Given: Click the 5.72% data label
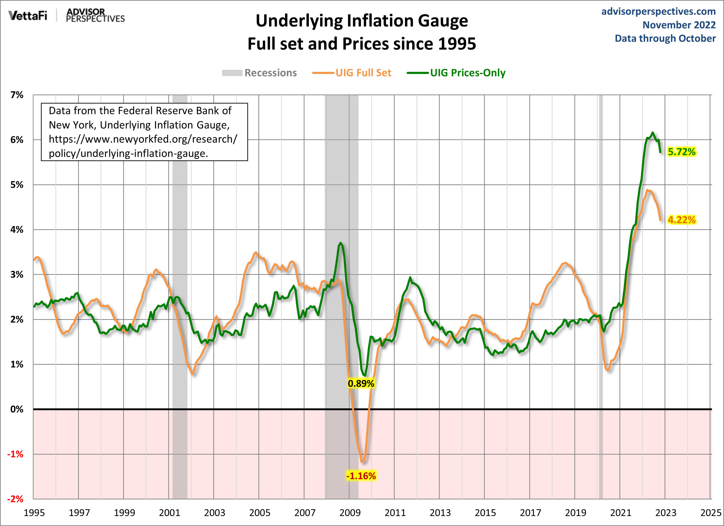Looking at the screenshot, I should [x=681, y=152].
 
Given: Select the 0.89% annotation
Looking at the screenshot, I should [x=361, y=383].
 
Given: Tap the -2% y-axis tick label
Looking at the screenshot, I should [x=15, y=499].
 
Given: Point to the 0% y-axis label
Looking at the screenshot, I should [x=17, y=409].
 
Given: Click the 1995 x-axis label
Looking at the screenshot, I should [x=34, y=513].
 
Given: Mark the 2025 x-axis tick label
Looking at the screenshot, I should [x=711, y=513].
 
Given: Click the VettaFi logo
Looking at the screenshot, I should [x=28, y=15].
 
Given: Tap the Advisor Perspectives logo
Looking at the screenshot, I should [x=95, y=15].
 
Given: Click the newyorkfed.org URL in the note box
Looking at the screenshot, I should [x=143, y=146].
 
